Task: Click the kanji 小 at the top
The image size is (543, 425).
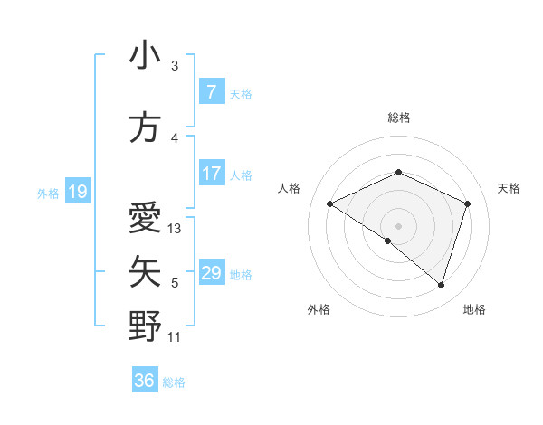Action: pyautogui.click(x=145, y=57)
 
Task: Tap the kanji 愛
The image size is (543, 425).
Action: pyautogui.click(x=145, y=218)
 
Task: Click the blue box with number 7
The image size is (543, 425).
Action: pyautogui.click(x=211, y=92)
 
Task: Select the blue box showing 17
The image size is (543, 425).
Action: pyautogui.click(x=211, y=174)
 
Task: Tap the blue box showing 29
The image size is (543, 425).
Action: pyautogui.click(x=211, y=273)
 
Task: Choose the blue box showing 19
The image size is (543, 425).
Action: pyautogui.click(x=77, y=192)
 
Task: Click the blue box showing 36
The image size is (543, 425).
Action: pyautogui.click(x=145, y=381)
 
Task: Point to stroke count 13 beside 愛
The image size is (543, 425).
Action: pyautogui.click(x=175, y=229)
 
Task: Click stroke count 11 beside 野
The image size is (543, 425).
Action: pyautogui.click(x=175, y=337)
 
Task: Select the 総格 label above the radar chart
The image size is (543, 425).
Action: pyautogui.click(x=398, y=118)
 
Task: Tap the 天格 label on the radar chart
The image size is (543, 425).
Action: pyautogui.click(x=510, y=188)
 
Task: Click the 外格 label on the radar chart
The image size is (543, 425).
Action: pyautogui.click(x=319, y=309)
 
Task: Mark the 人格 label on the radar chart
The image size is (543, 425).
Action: pyautogui.click(x=289, y=188)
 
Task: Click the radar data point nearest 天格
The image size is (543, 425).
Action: pyautogui.click(x=468, y=203)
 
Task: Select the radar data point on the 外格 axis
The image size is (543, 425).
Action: pyautogui.click(x=388, y=241)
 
